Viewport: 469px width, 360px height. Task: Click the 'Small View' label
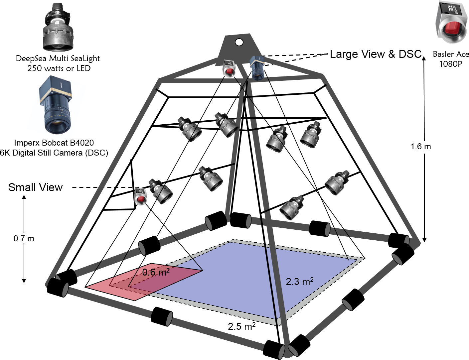(35, 187)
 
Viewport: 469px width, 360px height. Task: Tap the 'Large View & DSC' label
(376, 54)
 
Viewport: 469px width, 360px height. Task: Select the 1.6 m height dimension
(421, 147)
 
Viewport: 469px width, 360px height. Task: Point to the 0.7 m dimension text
(24, 239)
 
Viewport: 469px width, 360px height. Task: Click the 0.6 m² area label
(156, 272)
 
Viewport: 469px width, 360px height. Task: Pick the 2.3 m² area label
(300, 282)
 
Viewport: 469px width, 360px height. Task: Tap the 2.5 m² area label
(242, 326)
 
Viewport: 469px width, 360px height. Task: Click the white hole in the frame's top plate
(239, 42)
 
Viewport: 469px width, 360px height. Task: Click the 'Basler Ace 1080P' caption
(451, 59)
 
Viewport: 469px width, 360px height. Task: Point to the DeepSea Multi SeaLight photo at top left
(58, 27)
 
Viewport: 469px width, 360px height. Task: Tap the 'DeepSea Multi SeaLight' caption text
(58, 59)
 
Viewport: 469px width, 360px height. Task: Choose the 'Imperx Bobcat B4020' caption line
(54, 143)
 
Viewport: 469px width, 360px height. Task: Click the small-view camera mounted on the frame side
(140, 196)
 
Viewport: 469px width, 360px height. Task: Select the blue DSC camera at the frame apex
(257, 68)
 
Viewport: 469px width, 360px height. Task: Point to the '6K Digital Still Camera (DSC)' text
(54, 153)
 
